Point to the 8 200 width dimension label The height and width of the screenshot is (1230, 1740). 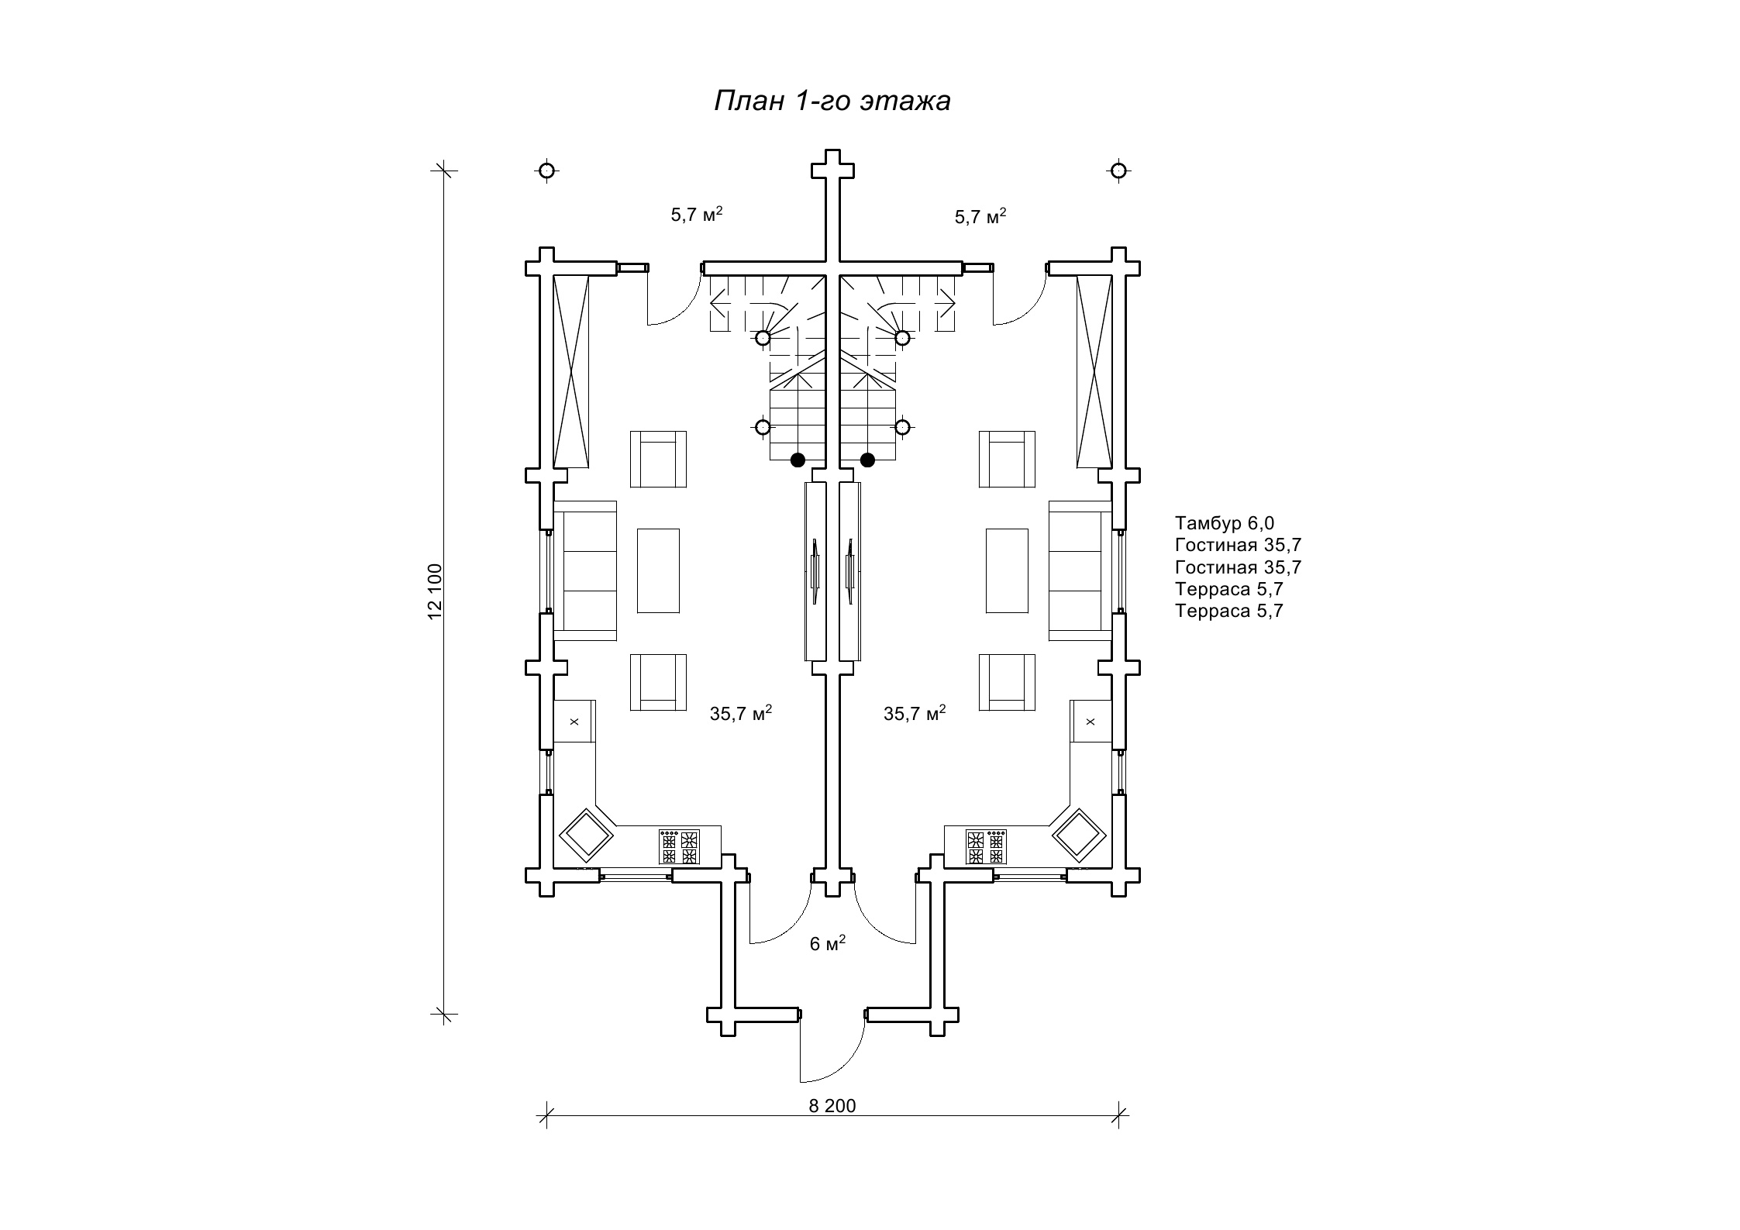click(x=832, y=1106)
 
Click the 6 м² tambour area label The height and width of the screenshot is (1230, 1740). click(x=827, y=942)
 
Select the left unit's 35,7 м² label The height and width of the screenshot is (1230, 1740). click(x=741, y=713)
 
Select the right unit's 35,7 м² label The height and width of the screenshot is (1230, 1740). click(x=915, y=713)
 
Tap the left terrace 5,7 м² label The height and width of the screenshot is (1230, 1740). click(x=697, y=215)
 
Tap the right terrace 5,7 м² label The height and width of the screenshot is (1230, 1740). click(x=980, y=216)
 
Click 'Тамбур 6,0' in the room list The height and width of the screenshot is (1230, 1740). click(x=1225, y=523)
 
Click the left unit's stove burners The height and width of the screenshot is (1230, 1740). click(x=679, y=846)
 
